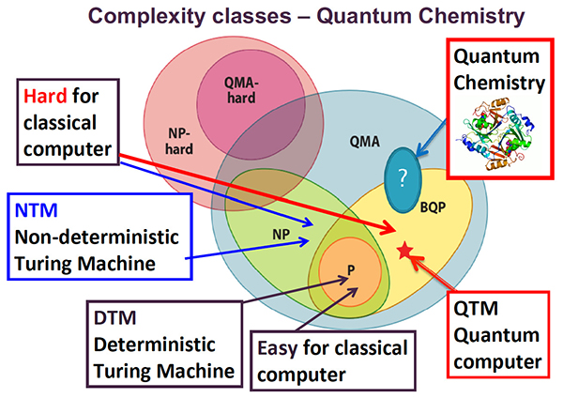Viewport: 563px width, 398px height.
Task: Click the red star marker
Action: [404, 250]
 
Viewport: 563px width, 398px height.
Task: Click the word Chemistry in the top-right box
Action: [498, 83]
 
